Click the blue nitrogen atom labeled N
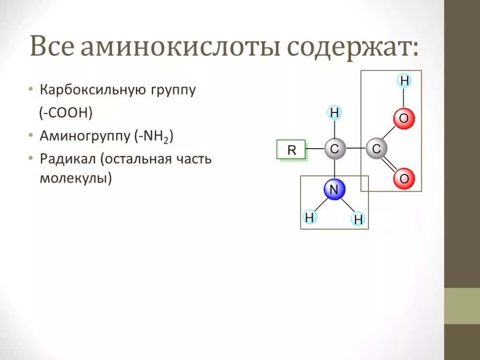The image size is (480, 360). pos(334,190)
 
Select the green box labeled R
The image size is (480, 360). pos(292,150)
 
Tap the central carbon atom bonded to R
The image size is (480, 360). pos(334,150)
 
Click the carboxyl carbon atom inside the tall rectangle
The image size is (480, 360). pos(376,150)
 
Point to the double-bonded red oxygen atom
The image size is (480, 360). pos(404,179)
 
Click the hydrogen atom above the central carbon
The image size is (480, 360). pos(334,113)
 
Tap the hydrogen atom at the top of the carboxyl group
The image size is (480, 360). pos(405,81)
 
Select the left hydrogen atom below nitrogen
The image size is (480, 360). pos(309,217)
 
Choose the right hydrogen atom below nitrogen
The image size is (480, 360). pos(359,219)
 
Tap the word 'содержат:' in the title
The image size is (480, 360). pos(352,48)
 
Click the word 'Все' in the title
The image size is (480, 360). pos(52,48)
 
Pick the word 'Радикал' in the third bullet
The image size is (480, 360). pos(67,159)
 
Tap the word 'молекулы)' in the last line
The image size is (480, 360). pos(76,179)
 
